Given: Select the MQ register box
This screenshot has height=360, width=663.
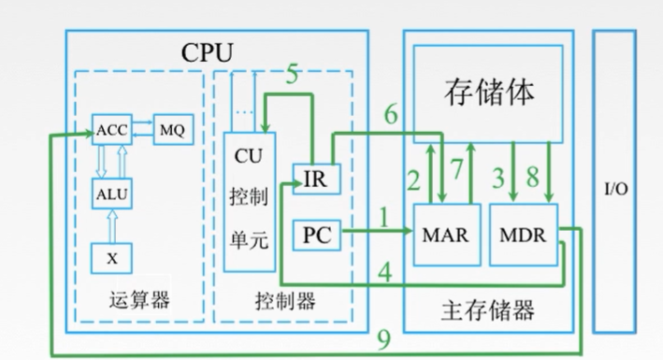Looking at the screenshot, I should (x=169, y=129).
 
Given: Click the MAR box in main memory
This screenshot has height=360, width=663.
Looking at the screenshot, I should (x=444, y=232).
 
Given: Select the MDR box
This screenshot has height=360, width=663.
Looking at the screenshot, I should (x=522, y=232).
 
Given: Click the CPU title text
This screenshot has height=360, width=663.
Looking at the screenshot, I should (x=207, y=50).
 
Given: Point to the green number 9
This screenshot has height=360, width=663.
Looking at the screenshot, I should (x=382, y=338).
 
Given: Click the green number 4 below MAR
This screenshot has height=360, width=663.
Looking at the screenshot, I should (x=383, y=272).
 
